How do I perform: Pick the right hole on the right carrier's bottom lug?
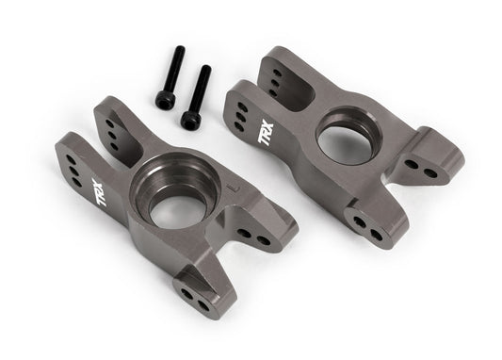(372, 225)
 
